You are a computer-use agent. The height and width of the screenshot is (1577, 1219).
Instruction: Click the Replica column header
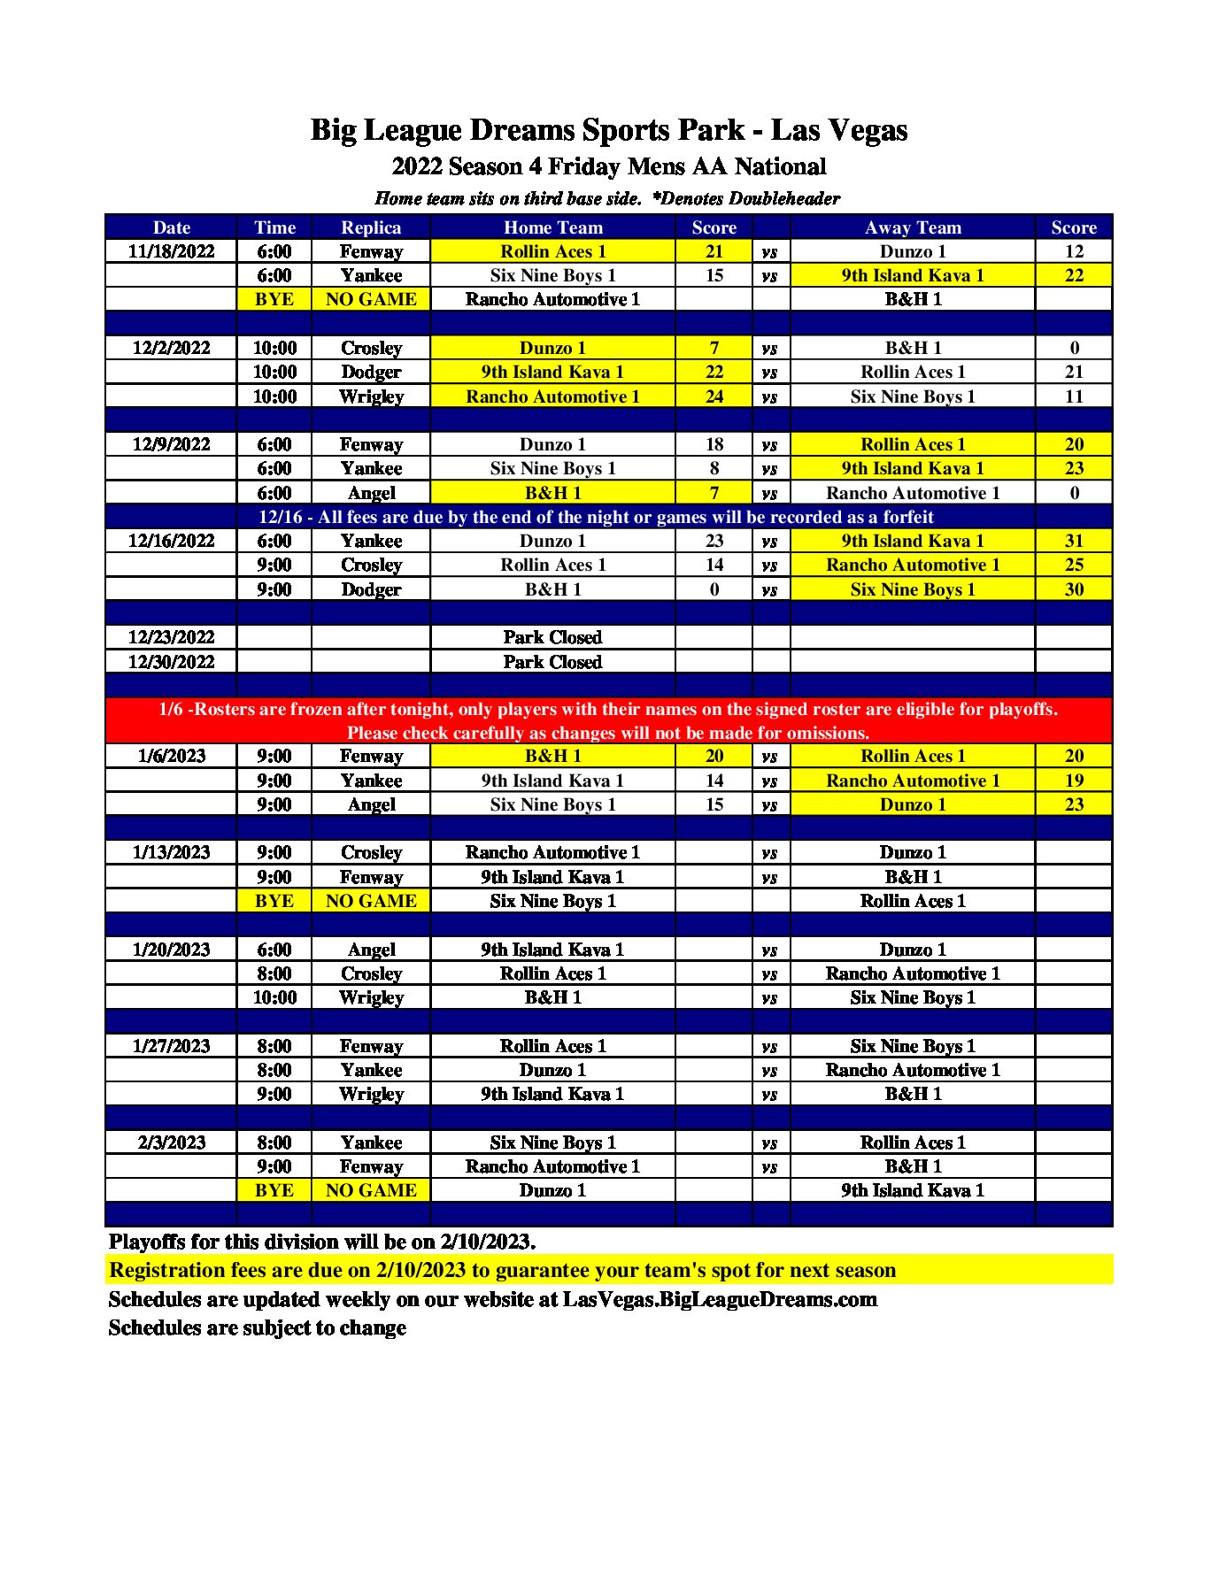tap(371, 227)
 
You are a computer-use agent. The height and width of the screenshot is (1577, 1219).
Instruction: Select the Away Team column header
tap(913, 227)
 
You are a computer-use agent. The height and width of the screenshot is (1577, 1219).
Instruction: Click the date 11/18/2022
tap(171, 251)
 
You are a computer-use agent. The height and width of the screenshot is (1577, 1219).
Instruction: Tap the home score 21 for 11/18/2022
tap(714, 251)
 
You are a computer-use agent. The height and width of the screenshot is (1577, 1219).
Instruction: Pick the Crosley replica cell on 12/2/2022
tap(371, 348)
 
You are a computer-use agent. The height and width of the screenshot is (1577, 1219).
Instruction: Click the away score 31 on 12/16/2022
tap(1074, 541)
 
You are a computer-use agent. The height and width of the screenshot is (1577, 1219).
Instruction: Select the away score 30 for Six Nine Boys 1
tap(1074, 589)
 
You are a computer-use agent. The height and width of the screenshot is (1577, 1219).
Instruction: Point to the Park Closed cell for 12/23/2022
tap(552, 637)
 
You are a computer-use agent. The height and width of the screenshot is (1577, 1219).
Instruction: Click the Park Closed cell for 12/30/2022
tap(552, 662)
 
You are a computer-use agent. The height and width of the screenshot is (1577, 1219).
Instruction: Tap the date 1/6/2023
tap(171, 756)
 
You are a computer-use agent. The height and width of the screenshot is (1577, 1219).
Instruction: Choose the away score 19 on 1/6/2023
tap(1074, 781)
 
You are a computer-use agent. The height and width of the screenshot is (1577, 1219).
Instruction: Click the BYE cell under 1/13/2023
tap(274, 901)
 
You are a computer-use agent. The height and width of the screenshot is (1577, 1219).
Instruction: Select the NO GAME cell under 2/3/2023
tap(371, 1190)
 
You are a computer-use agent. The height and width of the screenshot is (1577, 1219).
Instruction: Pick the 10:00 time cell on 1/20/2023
tap(274, 997)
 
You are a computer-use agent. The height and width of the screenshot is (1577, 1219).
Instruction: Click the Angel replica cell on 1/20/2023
tap(371, 950)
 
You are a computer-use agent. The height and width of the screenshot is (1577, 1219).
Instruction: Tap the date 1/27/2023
tap(171, 1046)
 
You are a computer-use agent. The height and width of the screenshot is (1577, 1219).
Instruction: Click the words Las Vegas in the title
tap(839, 130)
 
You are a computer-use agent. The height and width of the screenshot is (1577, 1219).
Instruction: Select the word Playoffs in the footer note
tap(147, 1242)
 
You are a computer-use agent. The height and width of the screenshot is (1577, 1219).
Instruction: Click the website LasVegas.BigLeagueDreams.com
tap(720, 1299)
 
